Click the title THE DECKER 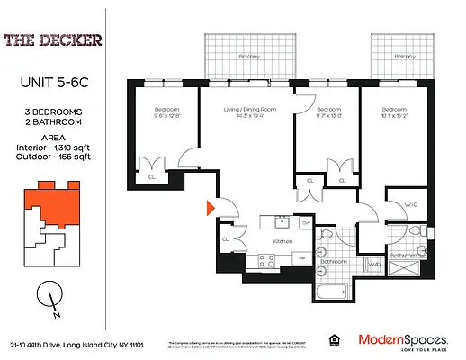51,40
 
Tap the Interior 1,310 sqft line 51,148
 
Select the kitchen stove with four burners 266,261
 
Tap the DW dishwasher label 306,222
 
